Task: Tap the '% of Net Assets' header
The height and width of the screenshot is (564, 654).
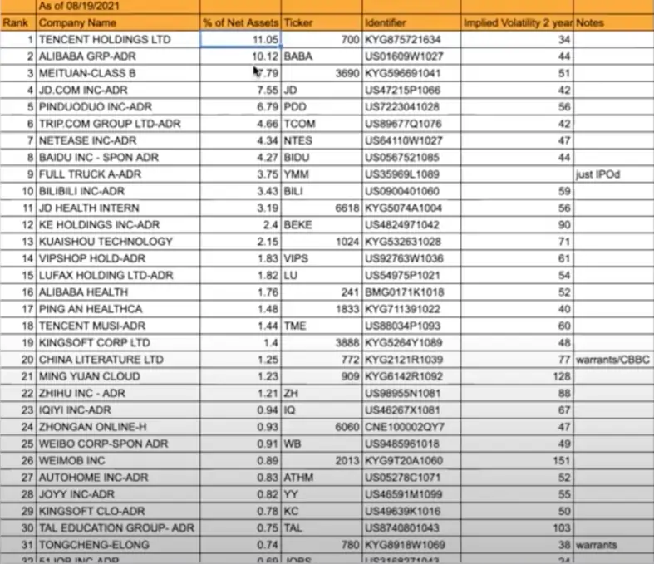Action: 240,22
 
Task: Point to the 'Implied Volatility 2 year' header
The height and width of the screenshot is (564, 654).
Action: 517,22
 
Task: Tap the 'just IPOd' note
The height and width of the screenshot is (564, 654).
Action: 597,174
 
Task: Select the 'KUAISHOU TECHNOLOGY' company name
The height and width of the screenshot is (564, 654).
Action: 106,242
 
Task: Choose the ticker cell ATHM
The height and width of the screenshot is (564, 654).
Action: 298,478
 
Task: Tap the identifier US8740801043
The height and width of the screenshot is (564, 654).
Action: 401,528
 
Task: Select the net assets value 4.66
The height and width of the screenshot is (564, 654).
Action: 265,124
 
